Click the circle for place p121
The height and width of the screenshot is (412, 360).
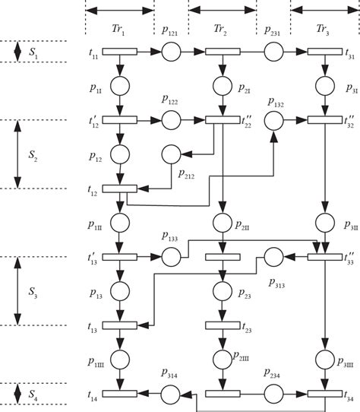[172, 52]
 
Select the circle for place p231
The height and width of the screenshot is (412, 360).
[274, 52]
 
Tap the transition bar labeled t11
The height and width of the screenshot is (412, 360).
[119, 52]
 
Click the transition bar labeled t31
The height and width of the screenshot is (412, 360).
[325, 52]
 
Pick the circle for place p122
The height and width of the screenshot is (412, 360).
[172, 120]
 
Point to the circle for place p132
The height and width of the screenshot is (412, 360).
[274, 120]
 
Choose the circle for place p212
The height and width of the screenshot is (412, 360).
[172, 154]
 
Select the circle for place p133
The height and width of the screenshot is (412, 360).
[172, 257]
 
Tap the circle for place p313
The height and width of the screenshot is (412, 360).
[274, 257]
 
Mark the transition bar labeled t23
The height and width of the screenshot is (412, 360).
[223, 325]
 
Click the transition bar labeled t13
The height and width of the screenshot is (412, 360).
[119, 325]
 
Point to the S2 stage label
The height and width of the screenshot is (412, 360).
[32, 154]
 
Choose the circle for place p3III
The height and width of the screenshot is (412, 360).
[325, 360]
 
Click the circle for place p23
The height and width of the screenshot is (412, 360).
[223, 291]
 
